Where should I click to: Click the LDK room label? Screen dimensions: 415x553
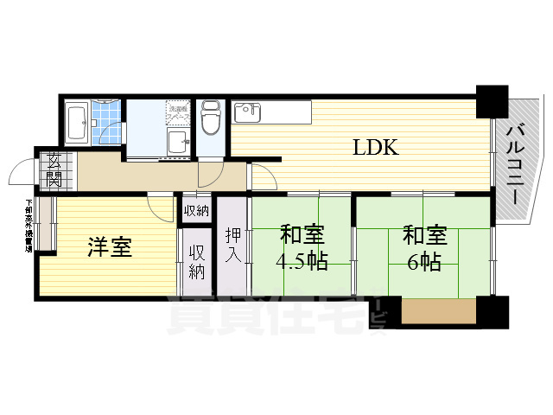coord(374,148)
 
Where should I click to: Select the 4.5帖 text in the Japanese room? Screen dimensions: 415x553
coord(302,262)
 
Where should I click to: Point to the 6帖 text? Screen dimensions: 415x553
coord(424,262)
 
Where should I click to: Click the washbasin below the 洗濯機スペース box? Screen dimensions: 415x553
coord(179,143)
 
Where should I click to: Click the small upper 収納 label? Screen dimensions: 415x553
coord(195,211)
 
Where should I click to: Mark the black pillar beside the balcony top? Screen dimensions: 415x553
coord(493,102)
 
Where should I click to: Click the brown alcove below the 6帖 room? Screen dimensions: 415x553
coord(438,309)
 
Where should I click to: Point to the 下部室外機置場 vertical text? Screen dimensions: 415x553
coord(29,226)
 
